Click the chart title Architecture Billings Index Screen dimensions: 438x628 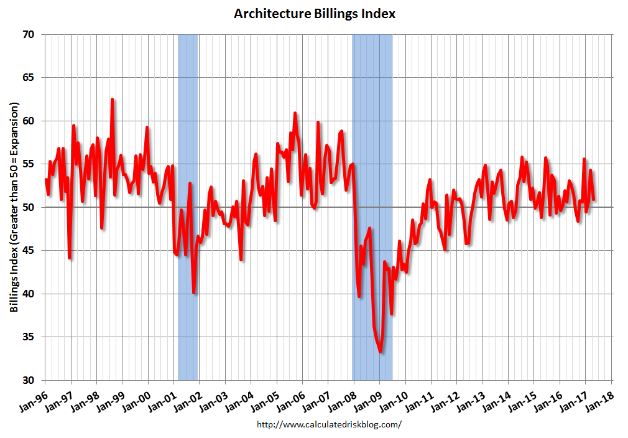(314, 13)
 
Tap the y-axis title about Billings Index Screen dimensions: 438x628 (14, 207)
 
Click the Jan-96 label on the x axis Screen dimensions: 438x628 (34, 398)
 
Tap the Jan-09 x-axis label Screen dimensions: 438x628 (369, 398)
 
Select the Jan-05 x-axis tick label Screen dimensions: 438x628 (266, 398)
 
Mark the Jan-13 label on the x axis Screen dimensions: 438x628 (471, 398)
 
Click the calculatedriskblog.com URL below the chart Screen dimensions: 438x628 (329, 424)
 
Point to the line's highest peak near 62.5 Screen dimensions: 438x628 (112, 100)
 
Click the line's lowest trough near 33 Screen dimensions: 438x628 (380, 352)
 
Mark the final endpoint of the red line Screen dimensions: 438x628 (594, 199)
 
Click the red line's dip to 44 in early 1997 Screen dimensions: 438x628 (70, 258)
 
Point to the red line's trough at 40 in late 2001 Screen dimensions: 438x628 (194, 292)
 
